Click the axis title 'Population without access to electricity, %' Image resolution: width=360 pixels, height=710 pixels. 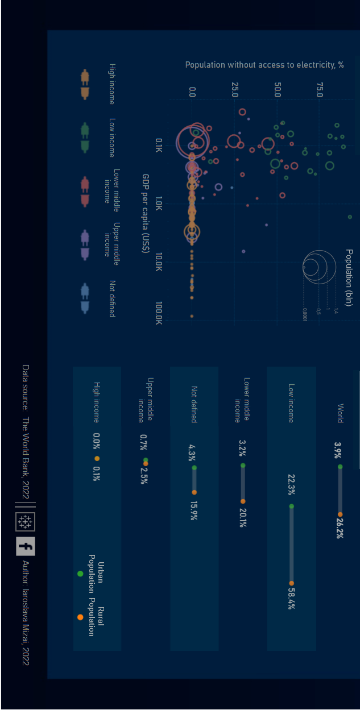click(x=264, y=65)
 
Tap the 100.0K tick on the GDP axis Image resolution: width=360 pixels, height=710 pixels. click(x=159, y=313)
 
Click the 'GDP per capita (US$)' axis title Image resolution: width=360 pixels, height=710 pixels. click(x=146, y=213)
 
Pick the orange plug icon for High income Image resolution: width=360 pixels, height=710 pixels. click(x=85, y=85)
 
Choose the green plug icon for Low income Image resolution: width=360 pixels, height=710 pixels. click(x=85, y=138)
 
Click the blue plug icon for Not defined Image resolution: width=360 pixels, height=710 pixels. click(x=85, y=299)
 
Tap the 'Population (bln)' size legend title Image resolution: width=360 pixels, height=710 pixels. click(x=349, y=277)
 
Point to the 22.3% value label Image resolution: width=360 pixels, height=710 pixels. click(x=291, y=485)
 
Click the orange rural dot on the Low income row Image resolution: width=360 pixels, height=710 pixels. click(x=291, y=583)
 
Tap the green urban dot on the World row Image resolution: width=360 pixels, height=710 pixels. click(x=340, y=467)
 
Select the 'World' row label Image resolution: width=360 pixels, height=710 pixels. click(x=340, y=413)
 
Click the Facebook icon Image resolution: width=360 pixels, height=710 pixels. click(x=25, y=546)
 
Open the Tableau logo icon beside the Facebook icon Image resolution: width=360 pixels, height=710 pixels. click(x=25, y=521)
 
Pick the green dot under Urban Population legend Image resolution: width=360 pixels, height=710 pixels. click(x=80, y=574)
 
